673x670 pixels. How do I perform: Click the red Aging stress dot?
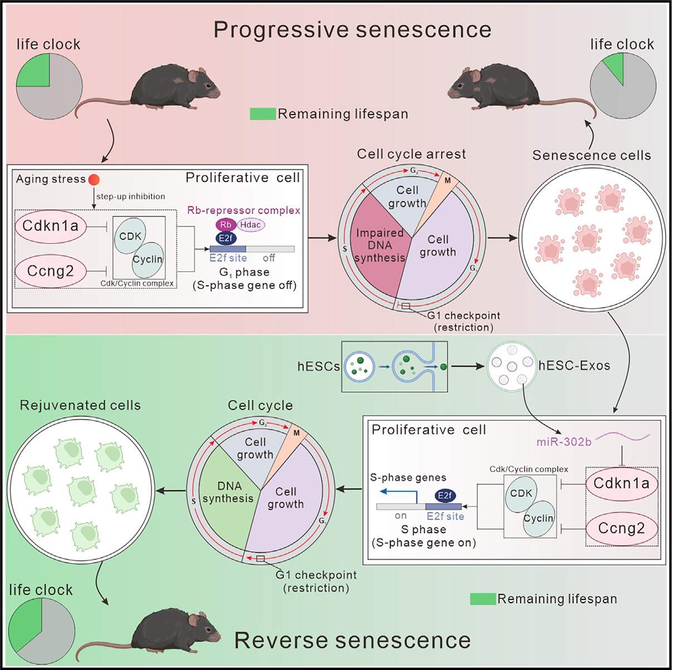pos(94,180)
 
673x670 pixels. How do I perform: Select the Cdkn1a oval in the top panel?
pos(50,226)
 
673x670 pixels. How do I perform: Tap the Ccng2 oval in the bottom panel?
pos(621,529)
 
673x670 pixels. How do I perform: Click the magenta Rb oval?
pos(225,225)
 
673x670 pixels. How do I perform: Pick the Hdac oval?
pos(251,225)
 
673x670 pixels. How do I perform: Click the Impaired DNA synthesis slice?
pos(380,245)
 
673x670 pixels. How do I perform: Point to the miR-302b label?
pos(563,442)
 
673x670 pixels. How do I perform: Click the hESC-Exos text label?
pos(574,366)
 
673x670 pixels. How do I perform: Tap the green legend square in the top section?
pos(263,114)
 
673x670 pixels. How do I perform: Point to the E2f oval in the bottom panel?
pos(445,495)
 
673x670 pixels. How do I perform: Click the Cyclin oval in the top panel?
pos(148,259)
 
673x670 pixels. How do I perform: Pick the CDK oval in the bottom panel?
pos(521,493)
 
